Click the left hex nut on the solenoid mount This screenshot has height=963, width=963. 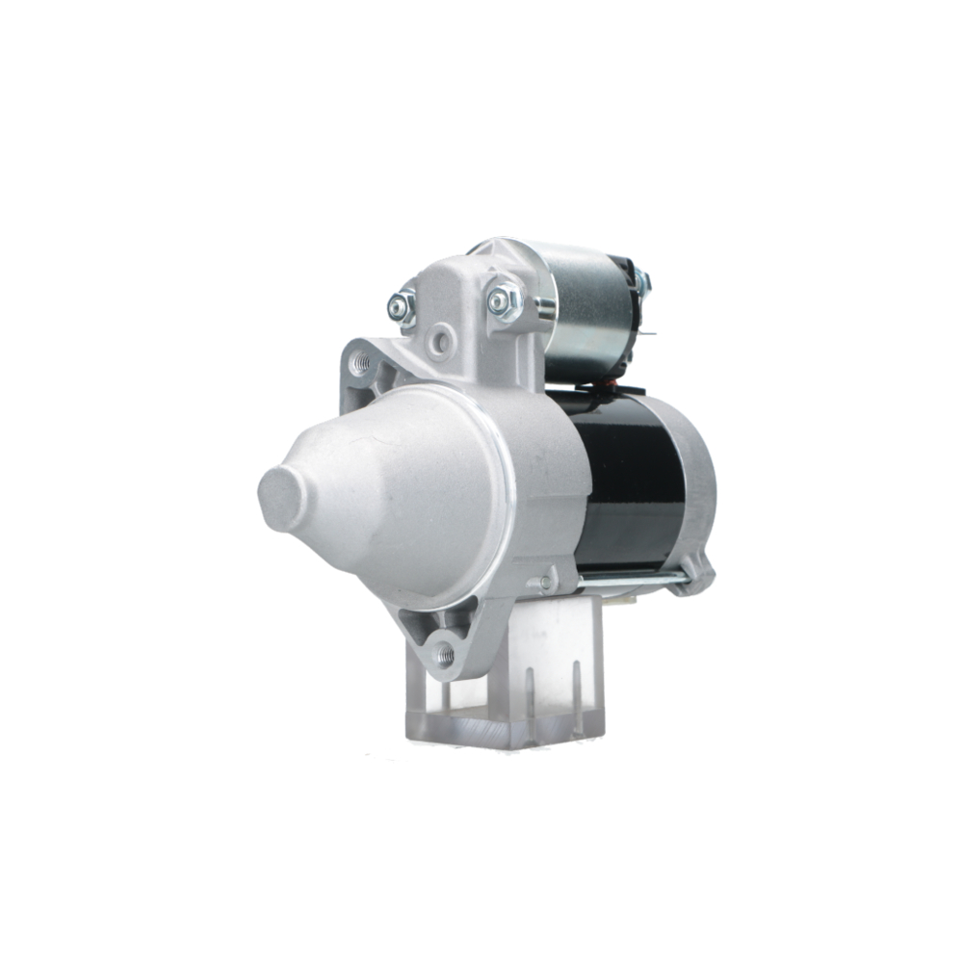[x=401, y=307]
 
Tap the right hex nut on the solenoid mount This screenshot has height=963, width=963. [x=503, y=301]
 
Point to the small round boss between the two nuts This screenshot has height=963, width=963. [x=442, y=339]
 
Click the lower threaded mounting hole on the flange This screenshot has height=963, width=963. [x=445, y=654]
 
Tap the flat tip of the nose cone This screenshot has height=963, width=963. [x=279, y=500]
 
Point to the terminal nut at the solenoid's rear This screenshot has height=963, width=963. [x=642, y=281]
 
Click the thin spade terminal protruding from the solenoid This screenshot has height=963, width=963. [x=647, y=334]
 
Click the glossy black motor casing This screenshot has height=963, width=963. [x=631, y=481]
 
